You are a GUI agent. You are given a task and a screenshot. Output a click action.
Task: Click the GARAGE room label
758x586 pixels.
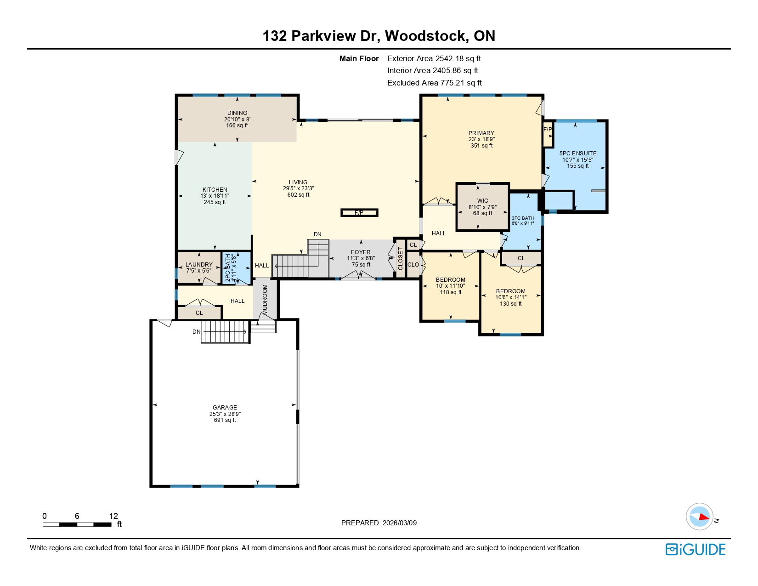225,408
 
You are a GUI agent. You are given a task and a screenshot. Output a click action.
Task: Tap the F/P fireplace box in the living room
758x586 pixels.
359,213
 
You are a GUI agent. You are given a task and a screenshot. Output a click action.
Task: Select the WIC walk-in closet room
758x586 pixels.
482,207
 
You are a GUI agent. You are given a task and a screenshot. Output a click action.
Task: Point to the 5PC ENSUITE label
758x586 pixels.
577,154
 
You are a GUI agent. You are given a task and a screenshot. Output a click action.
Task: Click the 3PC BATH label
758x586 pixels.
523,218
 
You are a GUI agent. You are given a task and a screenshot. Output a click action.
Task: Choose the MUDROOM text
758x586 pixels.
265,300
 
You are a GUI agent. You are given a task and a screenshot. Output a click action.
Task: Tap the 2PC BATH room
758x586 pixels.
236,268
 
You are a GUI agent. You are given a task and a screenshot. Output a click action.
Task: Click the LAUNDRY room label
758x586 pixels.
199,265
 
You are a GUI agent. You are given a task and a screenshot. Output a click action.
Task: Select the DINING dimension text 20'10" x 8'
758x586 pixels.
237,119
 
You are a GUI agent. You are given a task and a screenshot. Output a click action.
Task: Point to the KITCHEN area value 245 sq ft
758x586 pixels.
215,202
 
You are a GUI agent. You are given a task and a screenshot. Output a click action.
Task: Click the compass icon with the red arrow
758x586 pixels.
700,517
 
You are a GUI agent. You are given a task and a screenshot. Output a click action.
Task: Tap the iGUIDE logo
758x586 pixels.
696,550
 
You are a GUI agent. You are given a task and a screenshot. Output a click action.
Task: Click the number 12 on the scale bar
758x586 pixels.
113,516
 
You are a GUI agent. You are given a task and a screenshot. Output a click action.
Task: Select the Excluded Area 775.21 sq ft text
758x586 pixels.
434,83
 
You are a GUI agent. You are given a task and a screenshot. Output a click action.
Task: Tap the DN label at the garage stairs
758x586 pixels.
197,332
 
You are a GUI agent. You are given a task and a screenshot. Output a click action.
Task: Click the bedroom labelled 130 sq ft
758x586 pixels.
510,297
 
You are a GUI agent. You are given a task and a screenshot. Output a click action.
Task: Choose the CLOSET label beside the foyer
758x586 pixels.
400,259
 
